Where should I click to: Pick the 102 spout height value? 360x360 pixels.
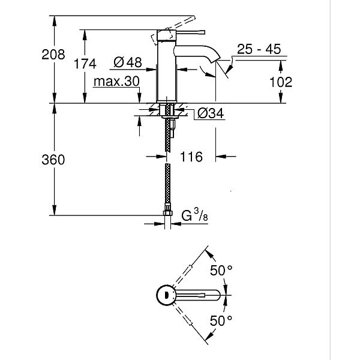[280, 82]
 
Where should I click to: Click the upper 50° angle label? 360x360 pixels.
[221, 271]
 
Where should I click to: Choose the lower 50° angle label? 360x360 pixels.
[221, 321]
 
